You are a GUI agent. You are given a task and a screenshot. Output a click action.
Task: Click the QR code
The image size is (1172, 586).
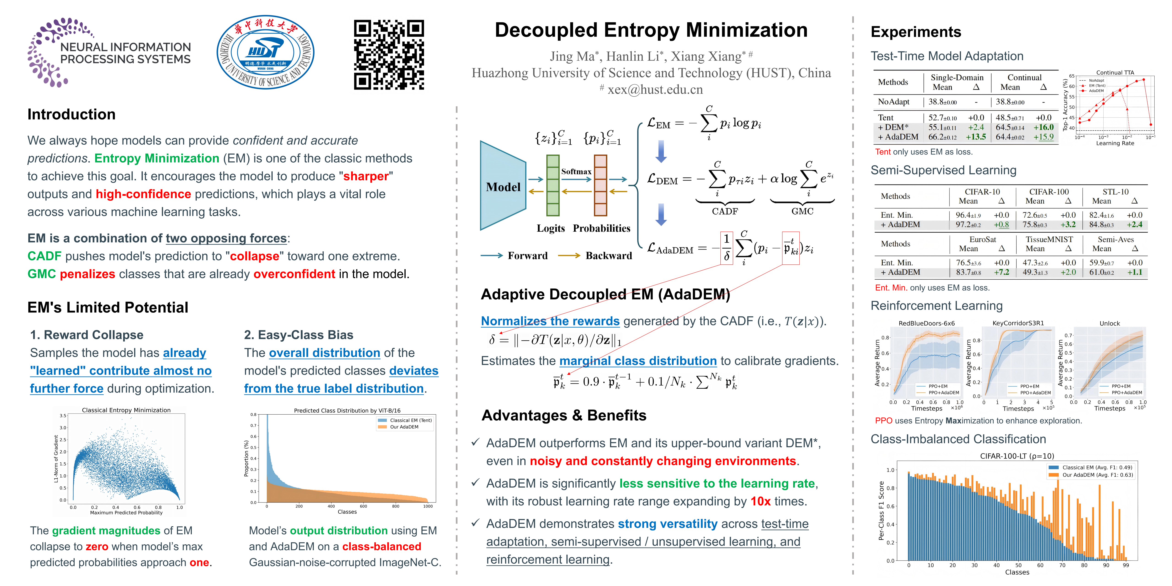pyautogui.click(x=389, y=55)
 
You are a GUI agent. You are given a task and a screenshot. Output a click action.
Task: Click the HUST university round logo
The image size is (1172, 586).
pyautogui.click(x=265, y=52)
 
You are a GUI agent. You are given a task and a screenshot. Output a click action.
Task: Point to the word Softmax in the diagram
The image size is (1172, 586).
pyautogui.click(x=576, y=171)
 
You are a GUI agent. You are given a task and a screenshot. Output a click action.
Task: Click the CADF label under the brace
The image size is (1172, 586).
pyautogui.click(x=725, y=211)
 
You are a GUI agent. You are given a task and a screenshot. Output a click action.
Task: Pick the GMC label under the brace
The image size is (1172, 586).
pyautogui.click(x=802, y=211)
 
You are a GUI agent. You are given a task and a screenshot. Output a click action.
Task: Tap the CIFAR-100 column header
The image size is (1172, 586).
pyautogui.click(x=1049, y=192)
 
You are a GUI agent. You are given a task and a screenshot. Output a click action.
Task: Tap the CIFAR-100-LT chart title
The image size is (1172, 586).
pyautogui.click(x=1017, y=456)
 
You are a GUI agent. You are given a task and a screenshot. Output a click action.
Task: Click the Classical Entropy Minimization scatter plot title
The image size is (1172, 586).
pyautogui.click(x=126, y=410)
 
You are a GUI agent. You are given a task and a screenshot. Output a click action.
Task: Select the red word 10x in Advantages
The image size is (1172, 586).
pyautogui.click(x=760, y=501)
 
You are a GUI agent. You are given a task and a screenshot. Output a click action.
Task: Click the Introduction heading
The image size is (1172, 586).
pyautogui.click(x=71, y=114)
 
